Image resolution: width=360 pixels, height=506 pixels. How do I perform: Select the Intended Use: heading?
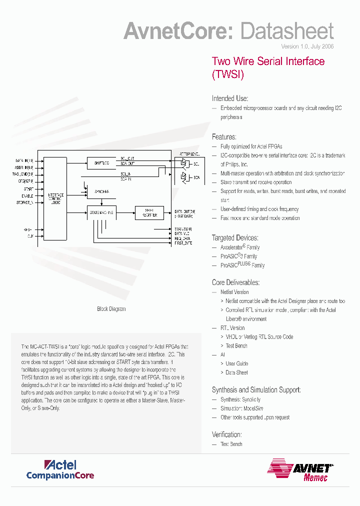[x=230, y=98]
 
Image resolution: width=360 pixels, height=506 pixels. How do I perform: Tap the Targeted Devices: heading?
[x=235, y=238]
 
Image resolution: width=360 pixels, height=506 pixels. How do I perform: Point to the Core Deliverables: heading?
[x=236, y=282]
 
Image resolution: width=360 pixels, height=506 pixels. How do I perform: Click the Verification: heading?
[x=227, y=434]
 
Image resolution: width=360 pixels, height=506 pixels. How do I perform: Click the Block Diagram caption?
[x=111, y=309]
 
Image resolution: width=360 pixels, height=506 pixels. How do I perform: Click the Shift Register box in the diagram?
[x=149, y=212]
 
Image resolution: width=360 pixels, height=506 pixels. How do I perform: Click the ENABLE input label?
[x=27, y=196]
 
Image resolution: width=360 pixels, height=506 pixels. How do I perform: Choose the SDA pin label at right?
[x=196, y=177]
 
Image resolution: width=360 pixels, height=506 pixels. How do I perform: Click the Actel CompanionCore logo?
[x=60, y=470]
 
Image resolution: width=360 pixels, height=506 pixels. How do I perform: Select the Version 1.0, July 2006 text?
[x=307, y=46]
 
